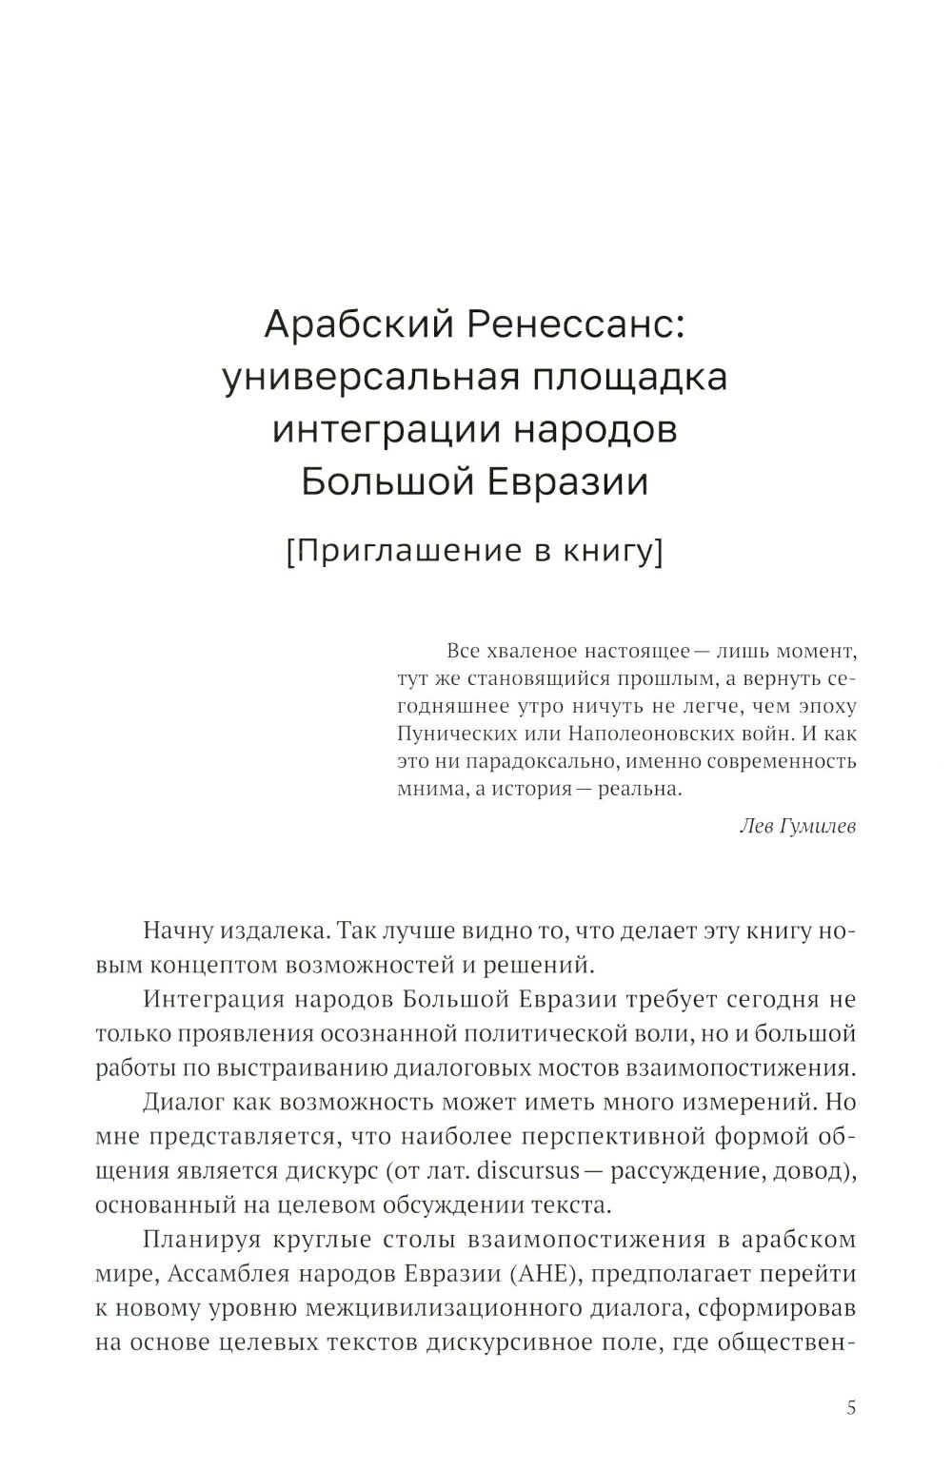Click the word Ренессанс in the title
point(572,325)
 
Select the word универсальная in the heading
point(369,377)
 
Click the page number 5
point(851,1407)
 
